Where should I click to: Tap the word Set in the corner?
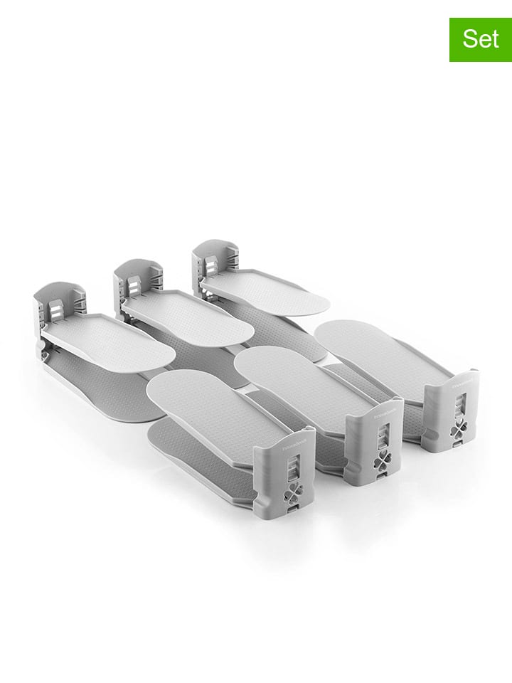tap(480, 38)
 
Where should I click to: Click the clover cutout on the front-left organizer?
tap(293, 492)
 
